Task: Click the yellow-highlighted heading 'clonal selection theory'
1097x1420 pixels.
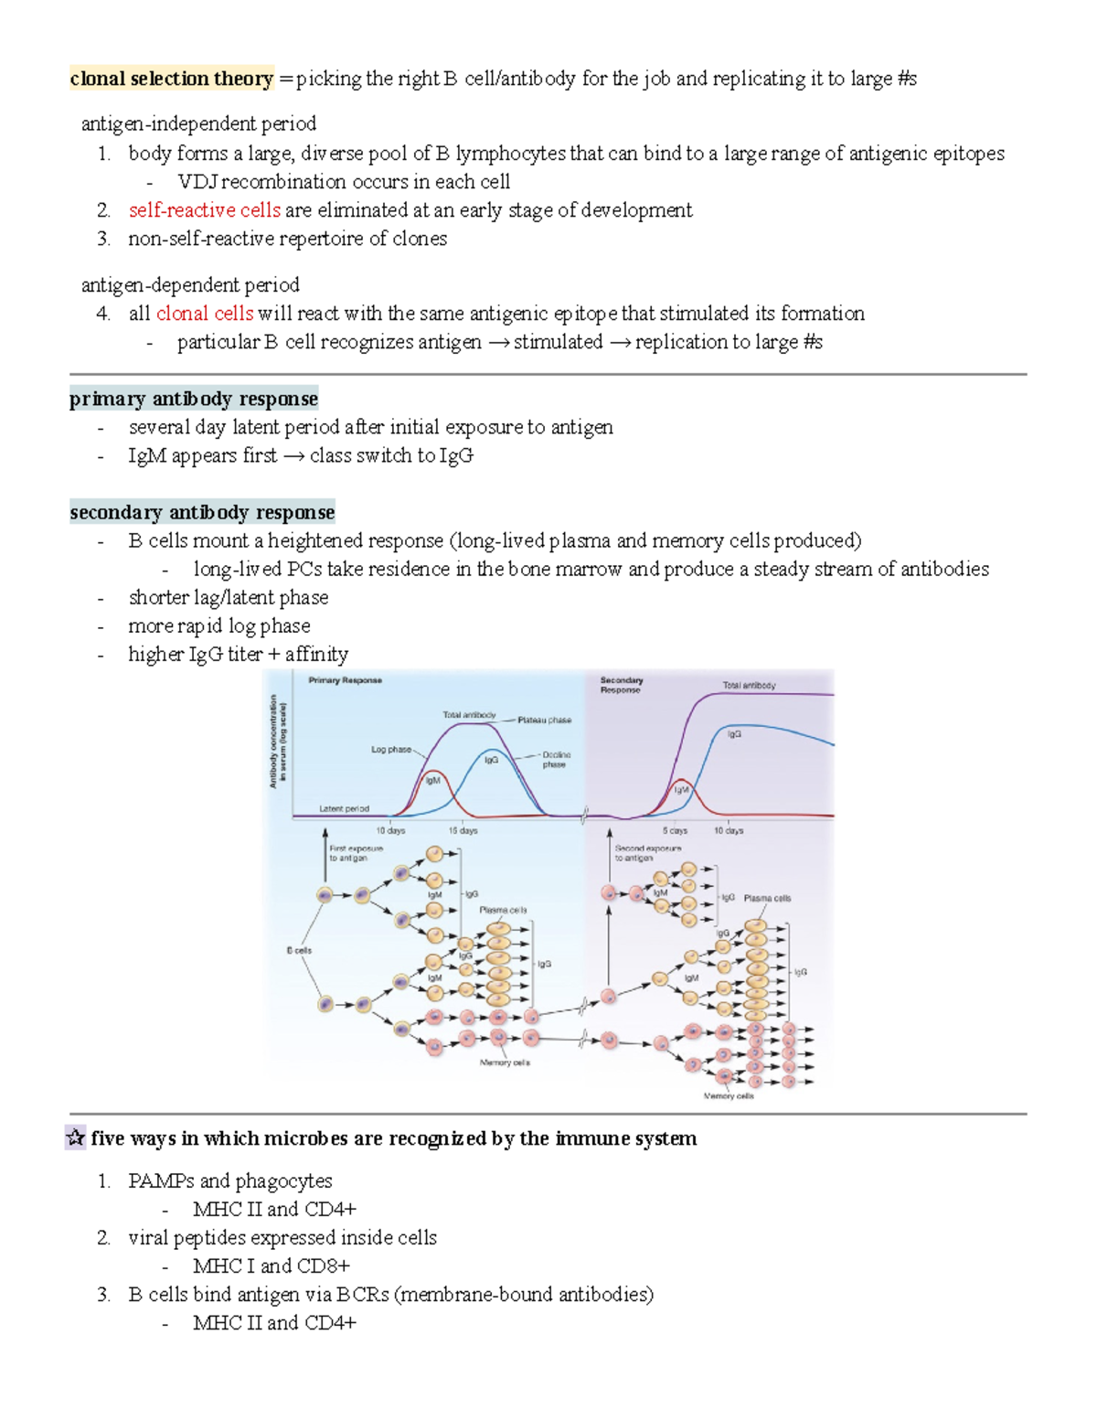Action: pos(172,79)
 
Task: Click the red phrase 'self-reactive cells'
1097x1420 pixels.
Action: pos(204,210)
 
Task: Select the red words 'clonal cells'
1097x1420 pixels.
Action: pos(204,314)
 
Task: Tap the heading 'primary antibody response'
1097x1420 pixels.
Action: pos(194,399)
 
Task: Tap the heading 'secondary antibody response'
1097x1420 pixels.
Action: pos(202,512)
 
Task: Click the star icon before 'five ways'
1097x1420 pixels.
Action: pos(76,1138)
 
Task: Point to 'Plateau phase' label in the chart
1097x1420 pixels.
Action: pos(544,721)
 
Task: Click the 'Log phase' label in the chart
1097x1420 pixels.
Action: pos(390,750)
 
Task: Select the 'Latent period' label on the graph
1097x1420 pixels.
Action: pos(344,809)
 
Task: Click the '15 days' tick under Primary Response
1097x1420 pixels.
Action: pos(463,831)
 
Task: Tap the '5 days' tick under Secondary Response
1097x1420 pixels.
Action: pos(675,831)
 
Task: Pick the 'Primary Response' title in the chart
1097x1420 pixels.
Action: pos(345,680)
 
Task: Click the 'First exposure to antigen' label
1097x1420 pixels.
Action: pos(356,853)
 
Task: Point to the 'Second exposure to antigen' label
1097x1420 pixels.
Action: pos(647,853)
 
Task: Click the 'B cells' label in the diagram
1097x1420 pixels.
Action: pos(299,951)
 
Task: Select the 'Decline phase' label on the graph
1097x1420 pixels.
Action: pos(555,760)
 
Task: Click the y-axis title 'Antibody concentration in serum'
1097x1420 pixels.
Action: pos(277,741)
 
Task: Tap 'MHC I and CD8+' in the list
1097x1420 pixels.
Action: pos(272,1266)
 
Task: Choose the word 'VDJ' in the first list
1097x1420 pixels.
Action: pos(197,182)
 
